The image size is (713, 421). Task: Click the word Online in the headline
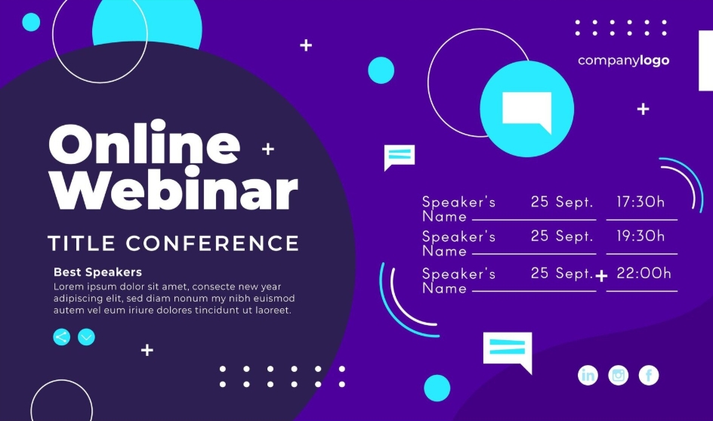[x=144, y=141]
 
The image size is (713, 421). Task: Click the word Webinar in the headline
[x=174, y=188]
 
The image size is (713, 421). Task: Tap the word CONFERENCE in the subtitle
[x=212, y=243]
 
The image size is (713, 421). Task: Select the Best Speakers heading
[x=97, y=272]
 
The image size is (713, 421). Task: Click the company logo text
[x=623, y=60]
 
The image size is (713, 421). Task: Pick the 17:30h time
[x=640, y=202]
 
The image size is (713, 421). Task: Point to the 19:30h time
[x=640, y=236]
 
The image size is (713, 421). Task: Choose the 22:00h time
[x=644, y=273]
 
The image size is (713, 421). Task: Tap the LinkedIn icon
[x=588, y=376]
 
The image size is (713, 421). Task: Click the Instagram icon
[x=619, y=376]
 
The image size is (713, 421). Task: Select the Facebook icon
[x=649, y=376]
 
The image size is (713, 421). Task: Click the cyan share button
[x=61, y=337]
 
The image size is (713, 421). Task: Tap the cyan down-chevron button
[x=86, y=337]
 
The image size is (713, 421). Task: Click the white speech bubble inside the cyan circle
[x=527, y=110]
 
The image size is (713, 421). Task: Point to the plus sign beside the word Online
[x=268, y=149]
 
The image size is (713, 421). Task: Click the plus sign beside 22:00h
[x=601, y=276]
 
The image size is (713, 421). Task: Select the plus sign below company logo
[x=643, y=110]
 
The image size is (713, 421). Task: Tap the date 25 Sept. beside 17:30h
[x=562, y=202]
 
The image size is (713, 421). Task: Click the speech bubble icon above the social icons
[x=508, y=351]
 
